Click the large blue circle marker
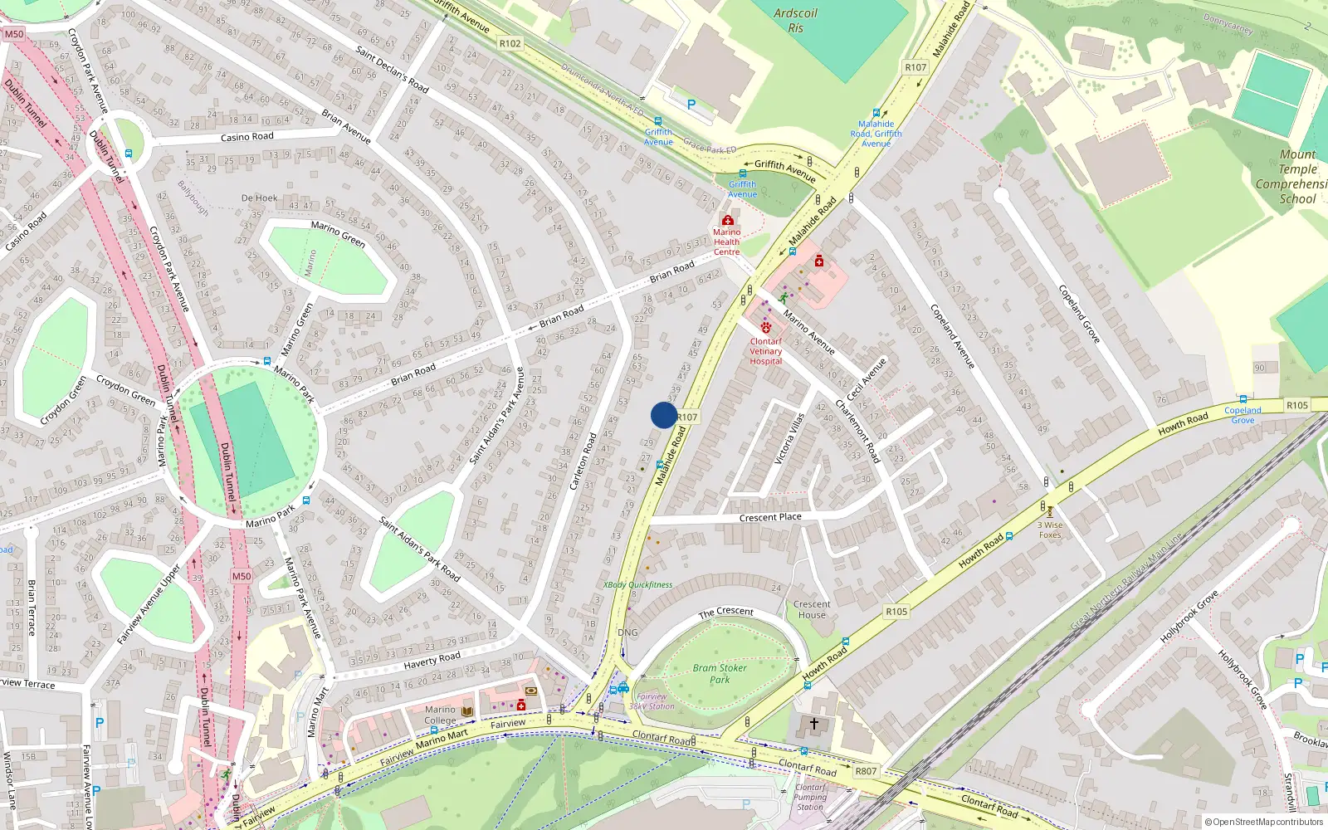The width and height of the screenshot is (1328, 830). (663, 415)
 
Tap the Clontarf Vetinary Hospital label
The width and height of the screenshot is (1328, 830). (765, 351)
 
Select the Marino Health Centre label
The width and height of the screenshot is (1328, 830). (726, 242)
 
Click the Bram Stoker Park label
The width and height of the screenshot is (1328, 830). (720, 673)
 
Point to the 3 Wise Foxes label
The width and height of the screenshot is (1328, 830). (1050, 530)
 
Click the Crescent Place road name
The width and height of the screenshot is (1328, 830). (770, 517)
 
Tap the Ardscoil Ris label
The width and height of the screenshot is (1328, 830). (795, 21)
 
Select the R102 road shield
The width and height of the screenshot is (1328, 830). (510, 43)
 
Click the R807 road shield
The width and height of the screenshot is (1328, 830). (866, 771)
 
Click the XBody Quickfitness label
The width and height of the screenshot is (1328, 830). (637, 585)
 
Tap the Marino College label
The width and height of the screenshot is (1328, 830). (440, 715)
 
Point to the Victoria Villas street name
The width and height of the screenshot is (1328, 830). (789, 438)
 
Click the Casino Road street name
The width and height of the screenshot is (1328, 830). (247, 137)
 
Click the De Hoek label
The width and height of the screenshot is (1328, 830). (259, 198)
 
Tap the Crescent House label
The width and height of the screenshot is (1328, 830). (812, 609)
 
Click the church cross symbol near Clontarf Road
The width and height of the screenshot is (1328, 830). (813, 724)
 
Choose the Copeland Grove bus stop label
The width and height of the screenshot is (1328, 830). (1243, 414)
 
